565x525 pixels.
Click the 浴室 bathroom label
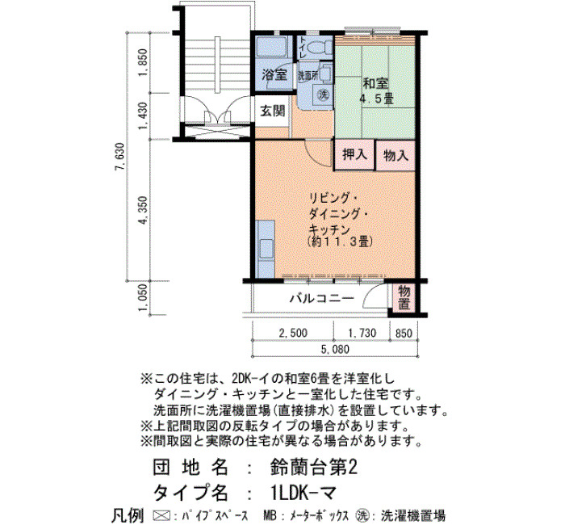pos(274,75)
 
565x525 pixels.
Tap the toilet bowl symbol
pos(320,47)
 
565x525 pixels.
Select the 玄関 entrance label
pos(273,111)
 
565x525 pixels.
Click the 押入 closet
pos(355,155)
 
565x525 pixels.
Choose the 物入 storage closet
pos(395,155)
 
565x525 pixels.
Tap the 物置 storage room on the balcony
pos(404,298)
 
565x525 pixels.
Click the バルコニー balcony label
pos(322,298)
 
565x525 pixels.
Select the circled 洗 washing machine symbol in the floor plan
pos(323,94)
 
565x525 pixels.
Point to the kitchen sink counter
pos(266,249)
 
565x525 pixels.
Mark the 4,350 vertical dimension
pos(144,210)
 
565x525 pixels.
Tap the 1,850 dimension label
pos(144,62)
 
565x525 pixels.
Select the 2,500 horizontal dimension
pos(293,333)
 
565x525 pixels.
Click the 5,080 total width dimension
pos(335,349)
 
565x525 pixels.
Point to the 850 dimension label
pos(404,333)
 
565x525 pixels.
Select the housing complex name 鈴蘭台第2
pos(313,468)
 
